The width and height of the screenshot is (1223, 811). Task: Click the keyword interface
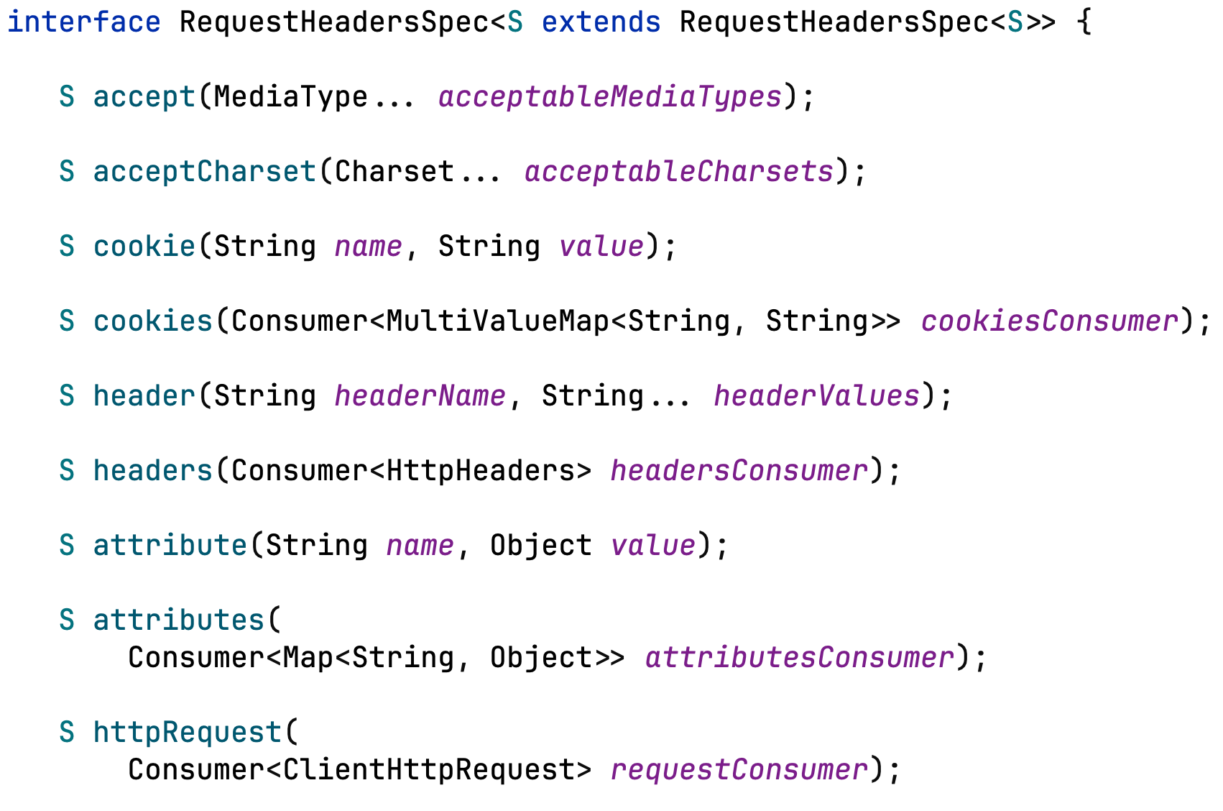click(x=83, y=22)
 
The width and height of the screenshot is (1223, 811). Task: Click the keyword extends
click(x=601, y=22)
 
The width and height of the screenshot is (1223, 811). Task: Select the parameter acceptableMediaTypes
click(x=609, y=97)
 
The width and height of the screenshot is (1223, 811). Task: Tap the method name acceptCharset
click(x=205, y=172)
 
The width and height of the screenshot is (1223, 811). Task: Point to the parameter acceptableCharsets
click(x=678, y=172)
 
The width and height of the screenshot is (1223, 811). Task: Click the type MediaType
click(x=290, y=97)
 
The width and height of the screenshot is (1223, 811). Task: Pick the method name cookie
click(x=144, y=247)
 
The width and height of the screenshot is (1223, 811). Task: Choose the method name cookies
click(x=153, y=321)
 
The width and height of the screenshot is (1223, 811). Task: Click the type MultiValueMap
click(x=497, y=321)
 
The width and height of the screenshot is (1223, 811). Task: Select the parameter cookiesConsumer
click(x=1050, y=321)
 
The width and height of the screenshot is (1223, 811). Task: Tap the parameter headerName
click(x=420, y=396)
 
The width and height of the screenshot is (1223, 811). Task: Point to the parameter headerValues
click(x=816, y=396)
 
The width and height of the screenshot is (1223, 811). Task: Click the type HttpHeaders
click(x=472, y=471)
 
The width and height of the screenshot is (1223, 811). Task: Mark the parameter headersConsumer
click(x=739, y=471)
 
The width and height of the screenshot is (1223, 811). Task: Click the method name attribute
click(x=170, y=546)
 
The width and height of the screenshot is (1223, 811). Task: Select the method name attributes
click(x=179, y=620)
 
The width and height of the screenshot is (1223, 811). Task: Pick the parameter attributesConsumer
click(x=799, y=658)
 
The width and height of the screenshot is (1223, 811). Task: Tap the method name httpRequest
click(x=188, y=733)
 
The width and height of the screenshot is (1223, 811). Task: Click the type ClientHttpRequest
click(x=428, y=770)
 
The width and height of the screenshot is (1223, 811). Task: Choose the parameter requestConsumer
click(x=739, y=770)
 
